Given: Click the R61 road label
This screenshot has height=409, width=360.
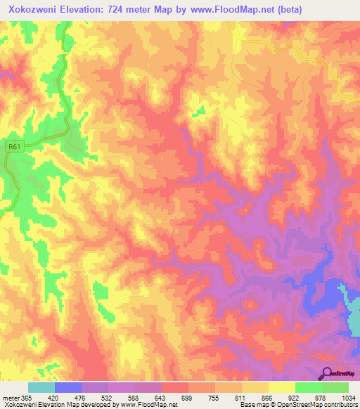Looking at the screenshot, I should (x=13, y=146).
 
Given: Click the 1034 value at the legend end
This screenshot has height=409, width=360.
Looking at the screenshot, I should (x=348, y=398).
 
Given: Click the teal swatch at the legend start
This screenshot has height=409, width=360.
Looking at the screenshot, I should (x=41, y=387).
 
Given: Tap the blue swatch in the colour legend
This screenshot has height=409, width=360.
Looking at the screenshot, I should (x=68, y=387).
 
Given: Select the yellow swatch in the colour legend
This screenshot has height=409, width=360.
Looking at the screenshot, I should (x=282, y=387).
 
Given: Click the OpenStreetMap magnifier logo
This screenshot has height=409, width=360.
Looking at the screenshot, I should (x=328, y=373).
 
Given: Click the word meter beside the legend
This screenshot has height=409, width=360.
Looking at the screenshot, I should (x=12, y=398).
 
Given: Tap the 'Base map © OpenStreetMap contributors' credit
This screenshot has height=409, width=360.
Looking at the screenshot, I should (x=298, y=405).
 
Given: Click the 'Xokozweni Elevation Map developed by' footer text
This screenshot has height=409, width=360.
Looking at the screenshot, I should (x=56, y=405).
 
